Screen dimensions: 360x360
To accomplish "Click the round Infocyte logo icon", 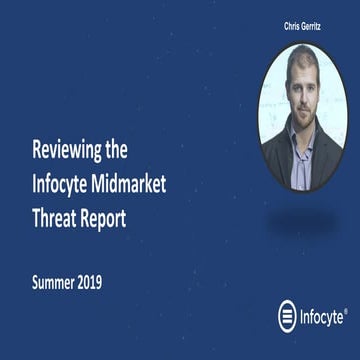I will tap(288, 316).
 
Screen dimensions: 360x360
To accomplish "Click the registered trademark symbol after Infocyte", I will tap(346, 311).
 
